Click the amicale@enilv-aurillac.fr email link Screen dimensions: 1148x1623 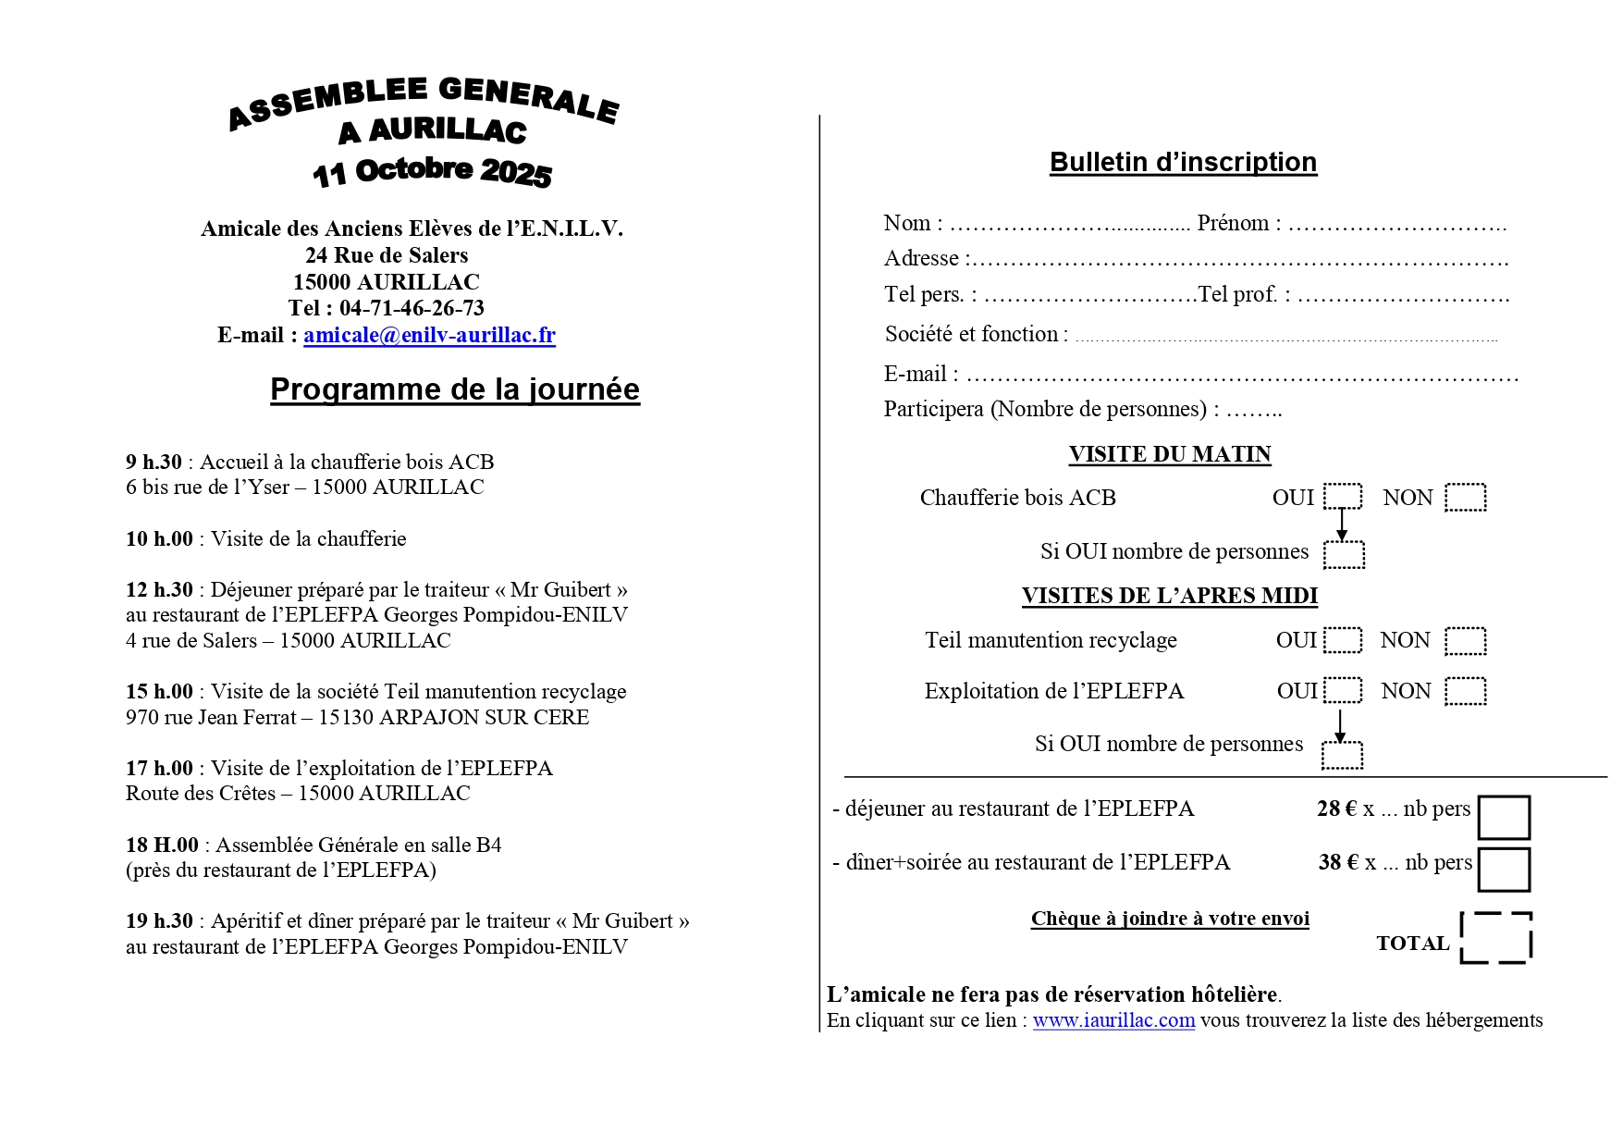[429, 335]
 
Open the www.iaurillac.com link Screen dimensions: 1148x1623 [1113, 1020]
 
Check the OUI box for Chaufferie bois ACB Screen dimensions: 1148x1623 [1342, 497]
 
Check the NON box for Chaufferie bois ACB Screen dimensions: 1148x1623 [1465, 497]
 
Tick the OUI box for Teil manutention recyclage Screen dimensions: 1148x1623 [1342, 640]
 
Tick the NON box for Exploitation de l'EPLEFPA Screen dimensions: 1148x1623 [1465, 691]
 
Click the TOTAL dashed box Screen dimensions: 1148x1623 [1495, 938]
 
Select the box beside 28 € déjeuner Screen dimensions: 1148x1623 [1503, 818]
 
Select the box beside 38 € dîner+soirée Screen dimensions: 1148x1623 [1503, 870]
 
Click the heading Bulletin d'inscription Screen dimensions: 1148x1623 [1183, 162]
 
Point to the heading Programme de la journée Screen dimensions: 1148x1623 [454, 389]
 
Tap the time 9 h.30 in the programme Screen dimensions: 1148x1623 [154, 462]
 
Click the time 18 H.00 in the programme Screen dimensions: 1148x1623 [162, 845]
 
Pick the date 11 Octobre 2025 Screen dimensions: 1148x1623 [432, 172]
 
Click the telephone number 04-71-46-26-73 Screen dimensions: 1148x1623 [412, 308]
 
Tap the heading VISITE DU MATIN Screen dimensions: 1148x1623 [1169, 454]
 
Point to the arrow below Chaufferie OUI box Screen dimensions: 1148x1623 [1342, 525]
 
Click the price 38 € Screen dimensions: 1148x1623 [1338, 862]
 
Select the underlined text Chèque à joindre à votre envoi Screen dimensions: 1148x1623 [1170, 919]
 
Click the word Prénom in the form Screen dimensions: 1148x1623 [1233, 223]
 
